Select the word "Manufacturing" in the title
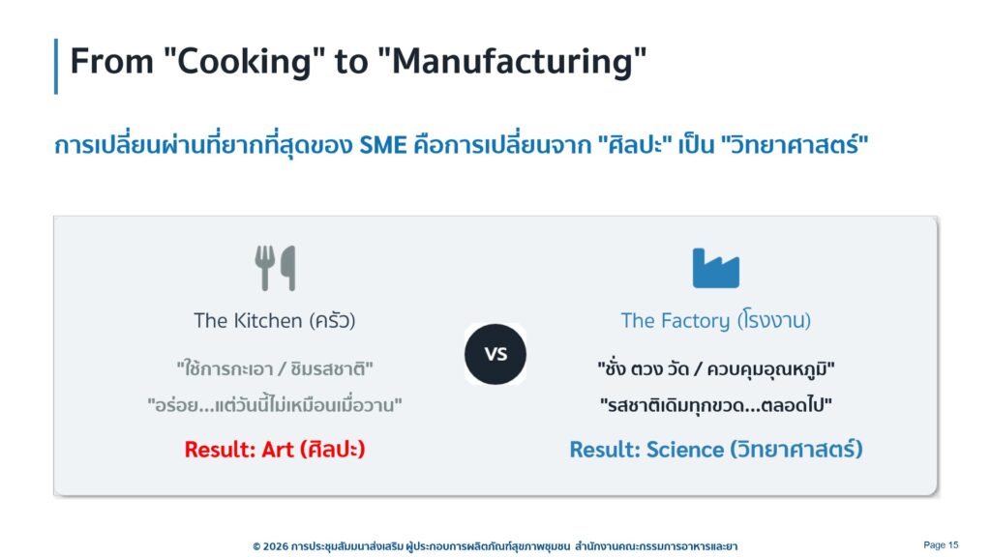point(513,62)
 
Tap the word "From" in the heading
point(112,61)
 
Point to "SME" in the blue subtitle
point(383,145)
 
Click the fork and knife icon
point(275,268)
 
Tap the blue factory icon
point(715,269)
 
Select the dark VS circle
point(495,354)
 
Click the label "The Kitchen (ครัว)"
point(274,320)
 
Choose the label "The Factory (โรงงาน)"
point(715,320)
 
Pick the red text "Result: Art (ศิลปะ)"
point(274,449)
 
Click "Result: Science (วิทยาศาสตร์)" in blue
point(715,449)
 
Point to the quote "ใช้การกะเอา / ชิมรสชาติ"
point(274,368)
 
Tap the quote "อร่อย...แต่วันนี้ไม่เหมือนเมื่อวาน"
point(274,404)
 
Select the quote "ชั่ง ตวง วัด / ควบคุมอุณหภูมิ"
point(715,368)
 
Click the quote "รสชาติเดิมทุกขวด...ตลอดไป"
point(715,404)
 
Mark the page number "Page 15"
point(941,545)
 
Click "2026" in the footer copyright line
point(275,546)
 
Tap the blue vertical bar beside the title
point(56,67)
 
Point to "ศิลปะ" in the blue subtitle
point(635,145)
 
